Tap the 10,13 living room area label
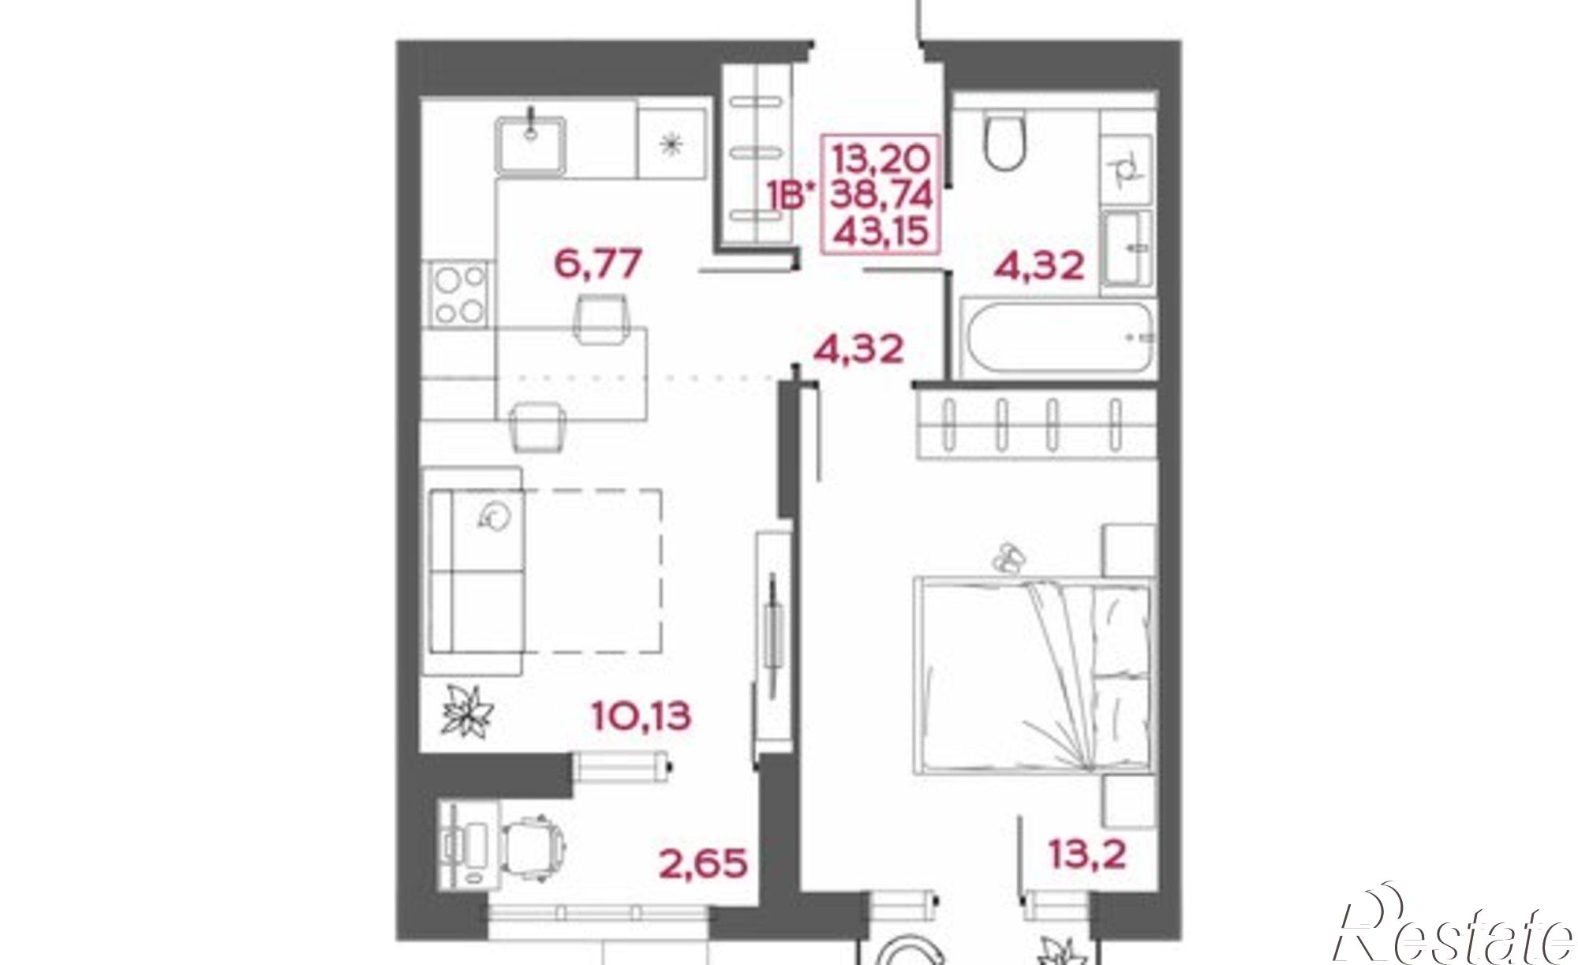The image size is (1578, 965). coord(641,716)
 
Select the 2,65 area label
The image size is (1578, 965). coord(703,862)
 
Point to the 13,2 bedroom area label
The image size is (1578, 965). coord(1086,853)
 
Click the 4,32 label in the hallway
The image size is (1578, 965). coord(858,349)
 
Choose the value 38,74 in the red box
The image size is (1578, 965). coord(883,195)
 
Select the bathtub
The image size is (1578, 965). coord(1056,338)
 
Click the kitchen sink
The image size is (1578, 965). coord(530,144)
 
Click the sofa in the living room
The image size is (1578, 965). coord(474,570)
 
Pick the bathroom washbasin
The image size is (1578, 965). coord(1128,248)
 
